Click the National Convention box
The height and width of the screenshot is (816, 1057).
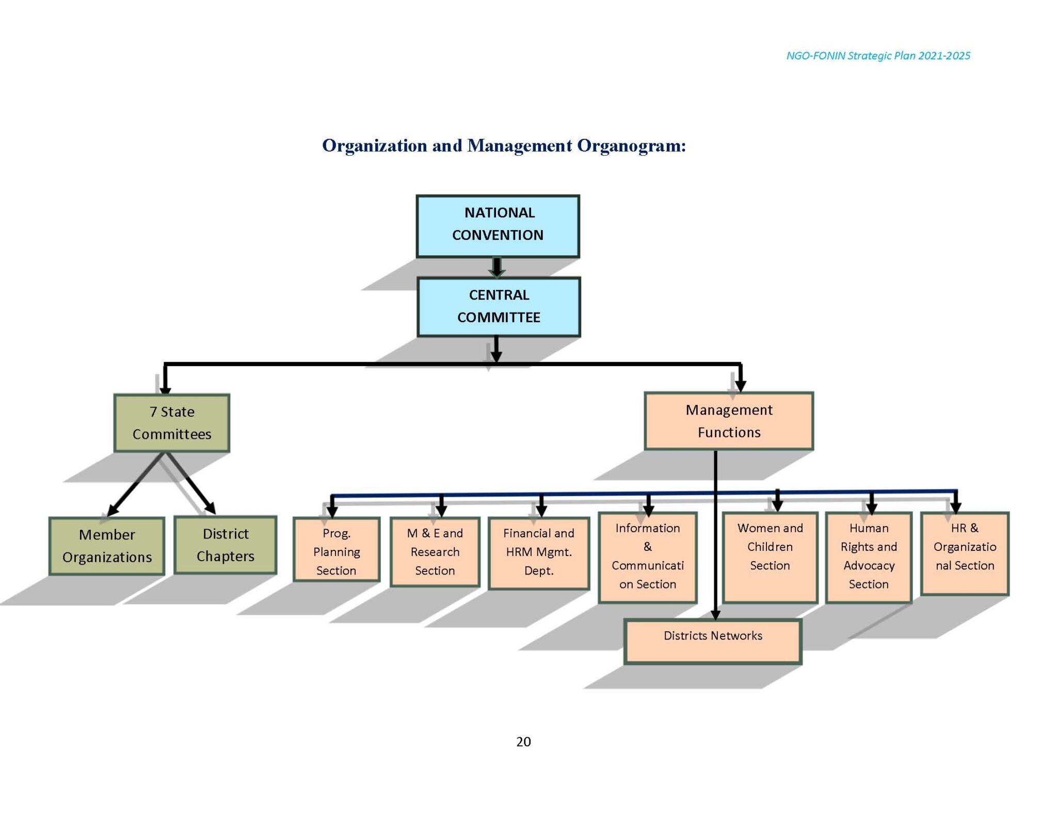pos(498,226)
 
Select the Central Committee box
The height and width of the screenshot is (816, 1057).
pos(498,306)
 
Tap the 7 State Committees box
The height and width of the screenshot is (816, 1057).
pos(171,423)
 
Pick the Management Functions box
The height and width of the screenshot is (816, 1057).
pos(728,421)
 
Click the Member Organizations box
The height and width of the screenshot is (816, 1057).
pos(107,546)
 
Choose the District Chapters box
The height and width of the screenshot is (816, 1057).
pos(225,545)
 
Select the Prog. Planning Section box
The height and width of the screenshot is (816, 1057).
pos(336,550)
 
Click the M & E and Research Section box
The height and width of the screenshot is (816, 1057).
pos(435,552)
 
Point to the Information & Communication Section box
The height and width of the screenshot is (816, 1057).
pos(647,557)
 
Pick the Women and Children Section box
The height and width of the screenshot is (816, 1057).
pos(770,557)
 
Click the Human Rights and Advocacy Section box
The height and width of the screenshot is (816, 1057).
pos(868,557)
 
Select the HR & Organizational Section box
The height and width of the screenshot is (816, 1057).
pos(964,553)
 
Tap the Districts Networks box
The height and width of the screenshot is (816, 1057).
pos(712,641)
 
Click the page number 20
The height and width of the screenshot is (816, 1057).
pos(523,742)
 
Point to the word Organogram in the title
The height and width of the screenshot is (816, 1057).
pos(631,145)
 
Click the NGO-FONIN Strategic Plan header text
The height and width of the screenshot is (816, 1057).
pos(877,56)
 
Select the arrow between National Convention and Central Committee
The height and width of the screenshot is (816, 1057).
pos(497,267)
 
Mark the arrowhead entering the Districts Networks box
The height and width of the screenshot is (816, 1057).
pos(715,614)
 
